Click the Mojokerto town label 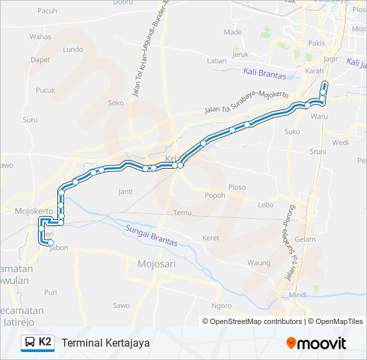(x=33, y=211)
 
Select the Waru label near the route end (x=320, y=116)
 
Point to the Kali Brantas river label (x=265, y=75)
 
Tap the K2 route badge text (x=45, y=342)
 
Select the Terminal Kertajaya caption (x=105, y=343)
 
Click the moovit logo (x=316, y=343)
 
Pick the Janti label (x=125, y=192)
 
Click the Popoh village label (x=215, y=195)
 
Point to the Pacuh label (x=47, y=11)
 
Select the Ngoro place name (x=221, y=306)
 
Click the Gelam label (x=305, y=239)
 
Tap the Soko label (x=116, y=103)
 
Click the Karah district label (x=314, y=71)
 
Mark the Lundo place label (x=72, y=49)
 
